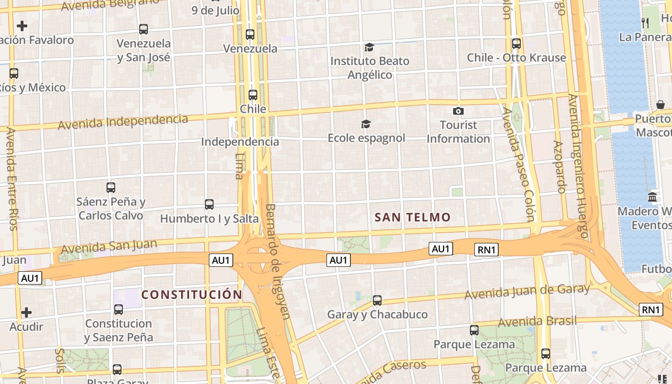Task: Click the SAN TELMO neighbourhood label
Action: click(x=413, y=217)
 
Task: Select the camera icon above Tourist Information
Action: click(x=458, y=111)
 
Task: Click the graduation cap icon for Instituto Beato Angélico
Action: click(x=369, y=47)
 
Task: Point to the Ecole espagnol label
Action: click(x=366, y=138)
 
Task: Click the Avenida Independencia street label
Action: click(x=123, y=121)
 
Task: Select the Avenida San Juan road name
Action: click(x=109, y=246)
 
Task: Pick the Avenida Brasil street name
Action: click(x=537, y=321)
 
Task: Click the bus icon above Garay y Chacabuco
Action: click(x=377, y=300)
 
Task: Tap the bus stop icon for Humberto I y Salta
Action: click(x=209, y=204)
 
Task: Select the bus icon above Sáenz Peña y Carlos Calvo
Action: click(x=111, y=188)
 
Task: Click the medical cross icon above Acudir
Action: click(x=26, y=313)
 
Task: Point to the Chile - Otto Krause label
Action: click(x=516, y=58)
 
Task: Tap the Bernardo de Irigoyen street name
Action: click(x=278, y=261)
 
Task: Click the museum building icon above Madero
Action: click(x=652, y=197)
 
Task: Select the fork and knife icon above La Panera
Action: click(x=646, y=23)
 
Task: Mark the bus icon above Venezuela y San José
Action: click(x=144, y=29)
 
